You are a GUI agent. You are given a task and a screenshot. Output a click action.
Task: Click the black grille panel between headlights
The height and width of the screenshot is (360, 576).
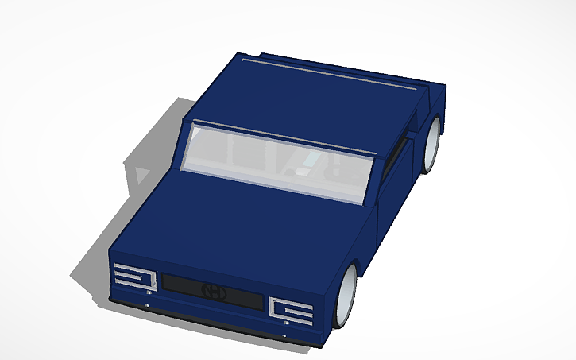pos(211,290)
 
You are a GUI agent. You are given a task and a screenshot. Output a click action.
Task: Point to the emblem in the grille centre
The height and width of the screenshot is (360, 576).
pos(212,291)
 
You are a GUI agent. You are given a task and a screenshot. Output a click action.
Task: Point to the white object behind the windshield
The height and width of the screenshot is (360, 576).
pos(303,168)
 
